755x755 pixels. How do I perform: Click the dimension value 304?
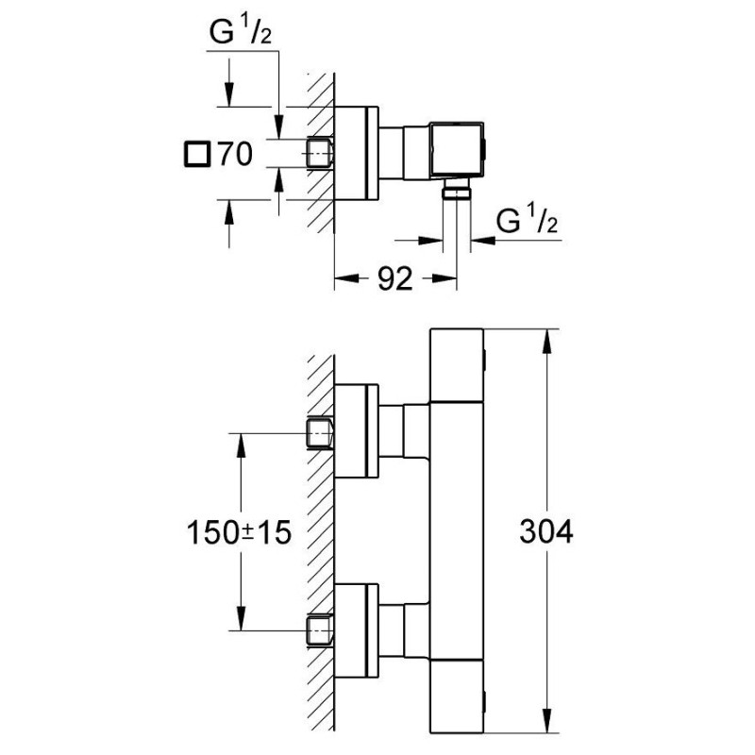[x=546, y=533]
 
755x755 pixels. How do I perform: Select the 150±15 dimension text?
[x=236, y=533]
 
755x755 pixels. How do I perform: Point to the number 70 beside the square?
[x=235, y=154]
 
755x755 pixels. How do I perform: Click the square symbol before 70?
[x=198, y=153]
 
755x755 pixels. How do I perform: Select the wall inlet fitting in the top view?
[x=322, y=152]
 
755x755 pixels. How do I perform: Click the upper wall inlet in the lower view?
[x=322, y=433]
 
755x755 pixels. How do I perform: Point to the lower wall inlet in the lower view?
[x=322, y=629]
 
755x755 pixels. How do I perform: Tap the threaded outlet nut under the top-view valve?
[x=458, y=193]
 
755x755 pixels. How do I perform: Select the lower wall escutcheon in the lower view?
[x=358, y=627]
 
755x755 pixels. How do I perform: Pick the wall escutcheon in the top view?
[x=358, y=152]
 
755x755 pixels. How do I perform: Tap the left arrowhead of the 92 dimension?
[x=343, y=278]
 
